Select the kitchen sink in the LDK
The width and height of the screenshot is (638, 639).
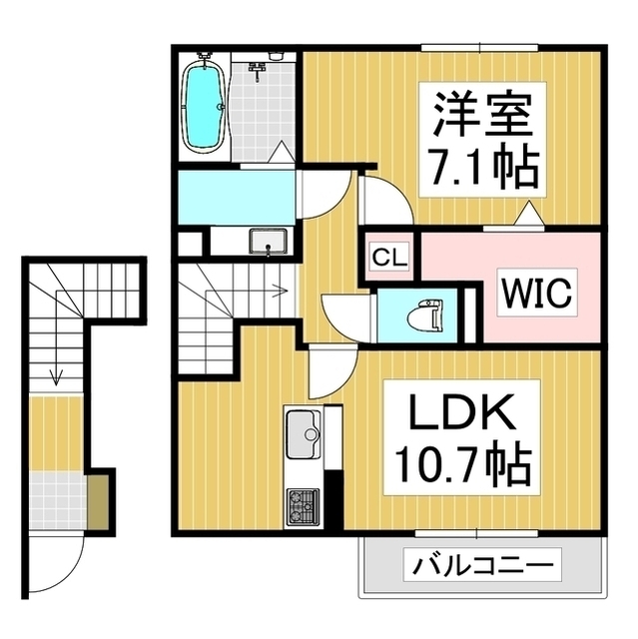pos(302,430)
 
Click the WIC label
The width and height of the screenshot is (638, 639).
pos(535,294)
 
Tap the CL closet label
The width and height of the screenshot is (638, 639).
pos(389,259)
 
